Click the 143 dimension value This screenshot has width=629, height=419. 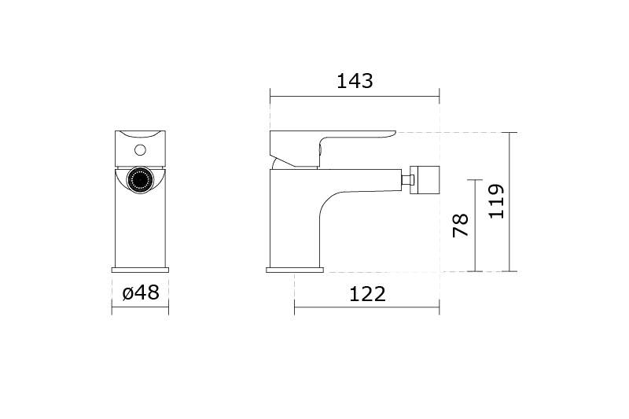[355, 81]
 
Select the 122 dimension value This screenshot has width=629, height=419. [367, 294]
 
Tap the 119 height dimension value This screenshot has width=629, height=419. [496, 201]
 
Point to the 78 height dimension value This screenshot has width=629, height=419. [460, 226]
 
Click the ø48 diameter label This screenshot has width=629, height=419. [141, 292]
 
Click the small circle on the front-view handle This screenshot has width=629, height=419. [140, 150]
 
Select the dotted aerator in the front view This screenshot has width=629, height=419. [140, 180]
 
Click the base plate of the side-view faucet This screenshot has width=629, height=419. [295, 270]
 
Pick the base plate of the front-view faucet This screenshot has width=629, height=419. [140, 270]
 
